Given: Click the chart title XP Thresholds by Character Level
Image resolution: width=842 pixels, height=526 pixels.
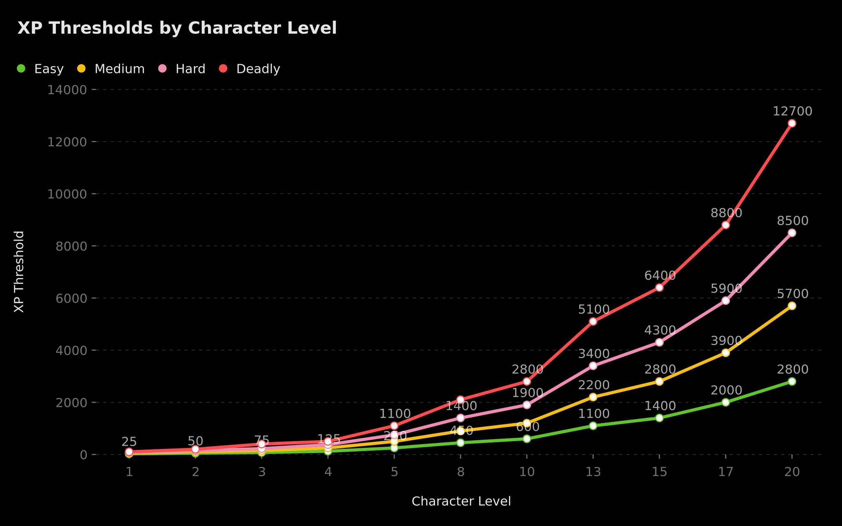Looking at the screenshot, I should [177, 28].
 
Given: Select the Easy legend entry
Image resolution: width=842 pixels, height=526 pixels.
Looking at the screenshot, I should [40, 69].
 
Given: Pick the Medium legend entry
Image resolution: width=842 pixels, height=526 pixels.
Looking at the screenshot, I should [111, 69].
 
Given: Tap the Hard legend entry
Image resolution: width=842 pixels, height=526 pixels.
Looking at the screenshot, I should [182, 69].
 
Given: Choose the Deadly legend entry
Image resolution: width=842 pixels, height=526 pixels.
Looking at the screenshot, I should [250, 69].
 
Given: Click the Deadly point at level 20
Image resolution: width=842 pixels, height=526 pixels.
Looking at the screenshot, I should [792, 123].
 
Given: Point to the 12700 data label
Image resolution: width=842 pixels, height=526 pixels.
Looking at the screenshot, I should [792, 111].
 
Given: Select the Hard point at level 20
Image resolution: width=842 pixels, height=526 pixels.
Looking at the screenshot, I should [792, 233].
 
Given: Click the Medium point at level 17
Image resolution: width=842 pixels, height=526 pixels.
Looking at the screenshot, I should [726, 353].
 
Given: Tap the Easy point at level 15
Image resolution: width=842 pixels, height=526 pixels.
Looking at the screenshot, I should [659, 418].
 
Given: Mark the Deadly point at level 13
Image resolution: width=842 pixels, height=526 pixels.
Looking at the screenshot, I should [593, 321].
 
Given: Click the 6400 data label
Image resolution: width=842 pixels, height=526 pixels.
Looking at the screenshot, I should [659, 276].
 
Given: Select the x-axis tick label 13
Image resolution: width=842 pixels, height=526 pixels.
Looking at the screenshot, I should [593, 472].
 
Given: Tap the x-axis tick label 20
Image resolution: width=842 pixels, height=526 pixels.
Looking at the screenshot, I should [792, 472].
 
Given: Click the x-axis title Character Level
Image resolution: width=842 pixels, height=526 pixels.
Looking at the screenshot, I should [461, 501].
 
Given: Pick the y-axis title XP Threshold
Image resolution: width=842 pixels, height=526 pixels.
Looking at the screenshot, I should [19, 272].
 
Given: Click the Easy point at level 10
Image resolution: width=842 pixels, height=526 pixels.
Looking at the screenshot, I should [527, 439].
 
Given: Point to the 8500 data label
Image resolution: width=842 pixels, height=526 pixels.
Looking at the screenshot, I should [792, 221].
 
